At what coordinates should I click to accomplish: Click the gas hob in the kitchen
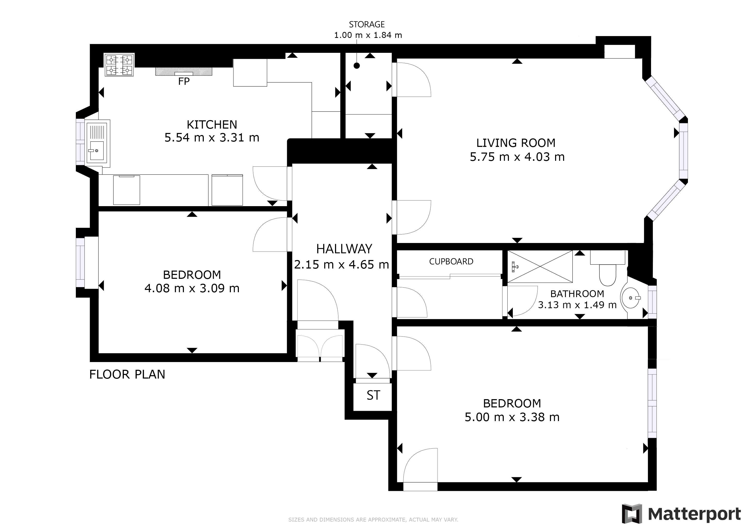point(119,65)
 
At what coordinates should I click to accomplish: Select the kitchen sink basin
point(97,150)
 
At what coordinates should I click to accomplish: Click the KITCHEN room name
point(212,124)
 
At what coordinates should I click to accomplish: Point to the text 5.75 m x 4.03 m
point(517,157)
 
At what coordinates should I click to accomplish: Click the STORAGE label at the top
point(367,24)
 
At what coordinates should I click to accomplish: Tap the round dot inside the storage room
point(356,66)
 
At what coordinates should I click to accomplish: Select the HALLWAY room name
point(344,249)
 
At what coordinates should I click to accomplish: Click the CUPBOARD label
point(451,261)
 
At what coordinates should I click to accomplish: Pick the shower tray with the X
point(540,266)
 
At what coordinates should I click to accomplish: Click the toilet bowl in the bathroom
point(607,275)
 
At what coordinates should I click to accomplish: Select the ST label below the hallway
point(373,395)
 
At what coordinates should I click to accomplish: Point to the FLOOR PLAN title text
point(127,374)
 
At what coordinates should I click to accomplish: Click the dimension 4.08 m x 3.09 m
point(192,288)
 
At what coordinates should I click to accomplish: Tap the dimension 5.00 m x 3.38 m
point(512,417)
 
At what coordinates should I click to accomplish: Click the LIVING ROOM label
point(516,143)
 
